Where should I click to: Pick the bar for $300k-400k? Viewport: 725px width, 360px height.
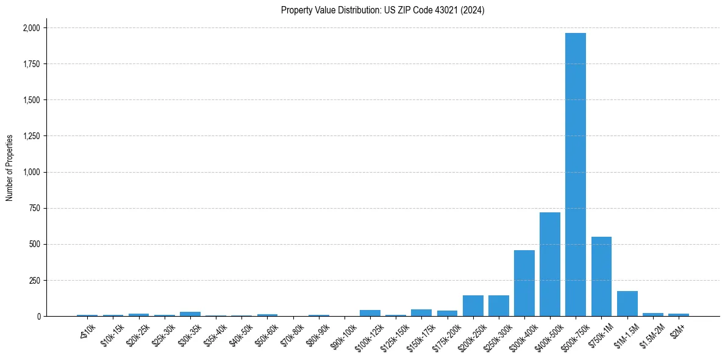pos(524,283)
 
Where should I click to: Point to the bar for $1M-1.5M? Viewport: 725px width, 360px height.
pos(627,304)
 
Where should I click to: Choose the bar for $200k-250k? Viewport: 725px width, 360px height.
pos(473,306)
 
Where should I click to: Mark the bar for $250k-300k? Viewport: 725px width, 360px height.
pos(498,306)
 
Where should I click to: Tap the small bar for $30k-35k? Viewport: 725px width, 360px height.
pos(190,314)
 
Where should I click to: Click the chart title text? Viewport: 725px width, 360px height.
pos(382,10)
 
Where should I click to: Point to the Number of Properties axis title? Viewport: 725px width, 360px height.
pos(10,167)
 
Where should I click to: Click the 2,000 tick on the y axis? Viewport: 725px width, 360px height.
pos(31,28)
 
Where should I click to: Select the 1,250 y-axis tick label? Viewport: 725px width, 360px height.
pos(31,136)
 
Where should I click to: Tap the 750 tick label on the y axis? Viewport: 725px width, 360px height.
pos(35,208)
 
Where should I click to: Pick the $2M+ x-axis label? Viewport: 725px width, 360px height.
pos(677,329)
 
